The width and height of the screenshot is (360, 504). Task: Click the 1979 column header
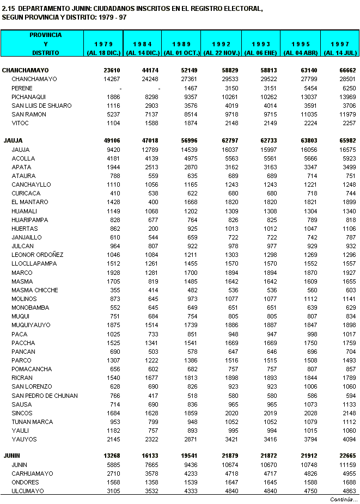[x=103, y=44]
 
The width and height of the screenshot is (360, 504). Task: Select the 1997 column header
[x=340, y=44]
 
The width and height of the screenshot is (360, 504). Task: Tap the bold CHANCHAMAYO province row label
[x=26, y=70]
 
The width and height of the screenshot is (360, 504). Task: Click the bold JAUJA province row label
[x=13, y=140]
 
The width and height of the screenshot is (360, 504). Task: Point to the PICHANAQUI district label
[x=30, y=97]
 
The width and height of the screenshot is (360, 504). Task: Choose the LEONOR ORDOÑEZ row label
[x=38, y=255]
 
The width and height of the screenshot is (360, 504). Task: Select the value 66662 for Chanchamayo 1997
[x=347, y=70]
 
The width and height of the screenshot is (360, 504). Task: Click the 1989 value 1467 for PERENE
[x=191, y=88]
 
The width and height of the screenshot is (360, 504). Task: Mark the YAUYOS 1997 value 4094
[x=349, y=439]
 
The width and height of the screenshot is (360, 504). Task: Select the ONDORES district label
[x=25, y=482]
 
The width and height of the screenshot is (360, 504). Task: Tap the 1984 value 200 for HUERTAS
[x=154, y=229]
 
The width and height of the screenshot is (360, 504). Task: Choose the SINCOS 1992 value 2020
[x=230, y=413]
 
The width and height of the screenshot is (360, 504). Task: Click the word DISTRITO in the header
[x=46, y=53]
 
